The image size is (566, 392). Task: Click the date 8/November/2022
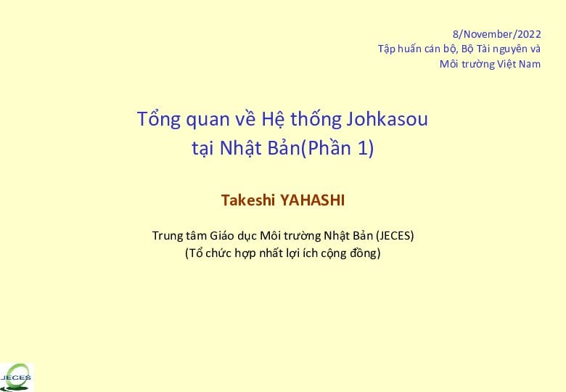point(496,34)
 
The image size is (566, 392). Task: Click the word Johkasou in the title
point(387,119)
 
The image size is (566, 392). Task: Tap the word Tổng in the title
point(158,120)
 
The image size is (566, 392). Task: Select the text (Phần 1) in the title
point(337,147)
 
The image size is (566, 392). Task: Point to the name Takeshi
point(248,200)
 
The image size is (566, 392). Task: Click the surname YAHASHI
point(312,200)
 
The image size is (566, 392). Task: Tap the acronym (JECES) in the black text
point(395,236)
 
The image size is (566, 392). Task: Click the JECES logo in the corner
point(17,377)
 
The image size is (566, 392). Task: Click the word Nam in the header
point(530,65)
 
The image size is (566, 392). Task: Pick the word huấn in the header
point(409,49)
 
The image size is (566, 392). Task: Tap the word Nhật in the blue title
point(241,148)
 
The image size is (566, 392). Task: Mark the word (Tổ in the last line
point(194,253)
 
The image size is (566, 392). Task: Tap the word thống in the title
point(316,120)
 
